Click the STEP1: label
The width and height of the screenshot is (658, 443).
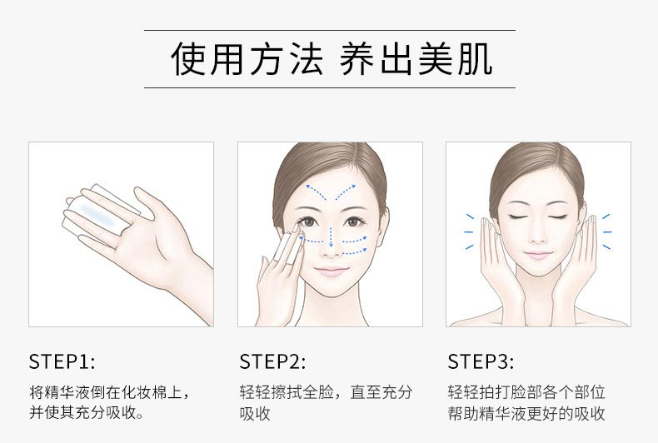pyautogui.click(x=62, y=361)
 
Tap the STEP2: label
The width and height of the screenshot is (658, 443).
pyautogui.click(x=272, y=361)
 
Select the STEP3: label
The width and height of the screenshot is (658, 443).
pyautogui.click(x=481, y=361)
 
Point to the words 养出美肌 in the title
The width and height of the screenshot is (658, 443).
pyautogui.click(x=416, y=59)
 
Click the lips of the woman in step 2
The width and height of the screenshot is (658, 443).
pyautogui.click(x=331, y=271)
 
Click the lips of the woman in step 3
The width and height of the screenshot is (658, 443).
pyautogui.click(x=538, y=254)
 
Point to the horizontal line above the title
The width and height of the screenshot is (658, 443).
pyautogui.click(x=329, y=30)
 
